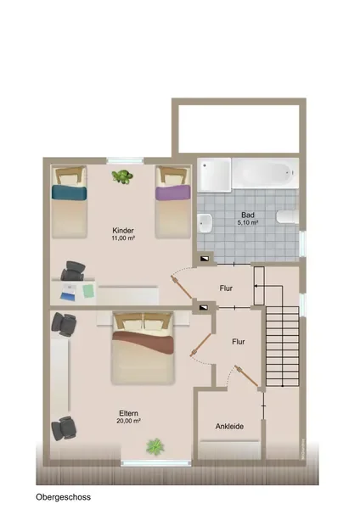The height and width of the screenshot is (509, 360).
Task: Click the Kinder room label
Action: tap(123, 231)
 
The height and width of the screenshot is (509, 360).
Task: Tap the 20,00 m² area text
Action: tap(129, 421)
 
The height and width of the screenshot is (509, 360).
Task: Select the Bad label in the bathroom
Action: tap(248, 215)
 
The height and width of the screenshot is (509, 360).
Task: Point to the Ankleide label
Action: tap(229, 426)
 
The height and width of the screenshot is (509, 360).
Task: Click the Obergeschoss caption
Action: tap(64, 497)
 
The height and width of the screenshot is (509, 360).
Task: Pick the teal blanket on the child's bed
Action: tap(70, 192)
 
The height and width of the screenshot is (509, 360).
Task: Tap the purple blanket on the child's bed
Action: tap(173, 193)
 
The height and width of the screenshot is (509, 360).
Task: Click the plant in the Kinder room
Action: tap(122, 177)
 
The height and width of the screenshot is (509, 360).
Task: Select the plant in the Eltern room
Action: tap(155, 447)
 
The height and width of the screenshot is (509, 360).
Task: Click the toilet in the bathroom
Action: tap(288, 216)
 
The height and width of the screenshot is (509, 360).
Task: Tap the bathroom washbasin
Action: tap(205, 223)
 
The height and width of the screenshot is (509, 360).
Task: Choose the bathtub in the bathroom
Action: tap(265, 173)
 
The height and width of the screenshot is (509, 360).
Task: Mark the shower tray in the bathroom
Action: tap(214, 175)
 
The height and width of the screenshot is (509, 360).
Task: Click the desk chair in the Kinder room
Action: tap(73, 271)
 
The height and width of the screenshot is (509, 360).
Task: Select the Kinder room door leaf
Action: tap(182, 287)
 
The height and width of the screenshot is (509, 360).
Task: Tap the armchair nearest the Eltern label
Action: tap(64, 428)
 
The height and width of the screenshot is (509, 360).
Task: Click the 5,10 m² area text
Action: tap(248, 222)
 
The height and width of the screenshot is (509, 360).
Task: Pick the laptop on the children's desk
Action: tap(69, 292)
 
